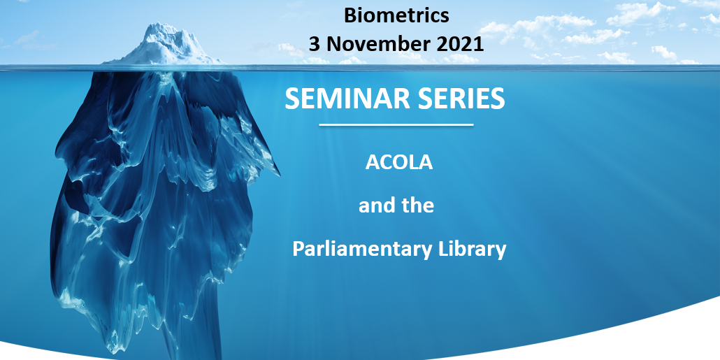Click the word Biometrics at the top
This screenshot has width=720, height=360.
pyautogui.click(x=396, y=15)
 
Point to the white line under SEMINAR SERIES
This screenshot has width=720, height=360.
pyautogui.click(x=396, y=125)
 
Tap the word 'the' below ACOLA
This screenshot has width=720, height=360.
pyautogui.click(x=418, y=206)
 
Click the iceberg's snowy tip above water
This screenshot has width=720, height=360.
pyautogui.click(x=162, y=43)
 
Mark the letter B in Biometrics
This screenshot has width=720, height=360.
pyautogui.click(x=350, y=15)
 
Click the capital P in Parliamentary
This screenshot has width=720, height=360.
pyautogui.click(x=298, y=249)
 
